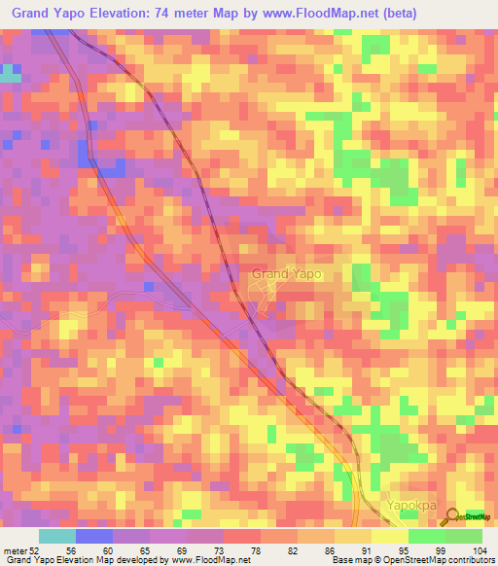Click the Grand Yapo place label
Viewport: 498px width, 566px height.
[286, 274]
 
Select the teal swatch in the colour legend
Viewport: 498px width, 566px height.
[56, 536]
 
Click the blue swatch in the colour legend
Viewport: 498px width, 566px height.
[93, 536]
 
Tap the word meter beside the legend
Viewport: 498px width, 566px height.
[15, 549]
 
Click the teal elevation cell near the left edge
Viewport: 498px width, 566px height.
[10, 73]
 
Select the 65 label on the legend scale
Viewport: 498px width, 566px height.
[130, 549]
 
